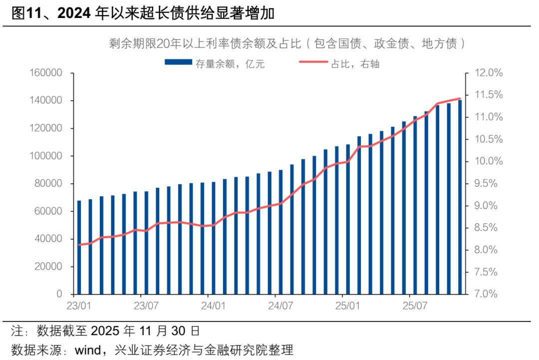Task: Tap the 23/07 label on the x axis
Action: point(146,305)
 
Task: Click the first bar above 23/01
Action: point(79,247)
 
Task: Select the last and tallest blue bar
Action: point(460,197)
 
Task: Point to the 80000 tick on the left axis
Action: point(49,184)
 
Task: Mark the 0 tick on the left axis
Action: point(58,294)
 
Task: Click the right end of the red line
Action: point(460,98)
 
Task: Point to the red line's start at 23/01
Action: point(79,245)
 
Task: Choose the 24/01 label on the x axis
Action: point(213,305)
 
